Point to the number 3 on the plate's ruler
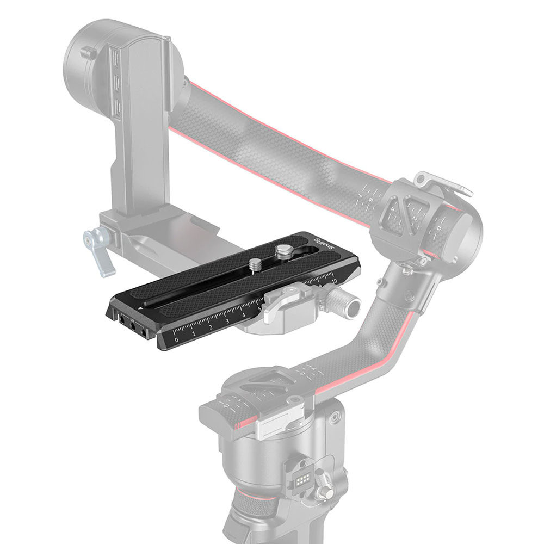pyautogui.click(x=227, y=322)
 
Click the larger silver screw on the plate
pyautogui.click(x=282, y=251)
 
